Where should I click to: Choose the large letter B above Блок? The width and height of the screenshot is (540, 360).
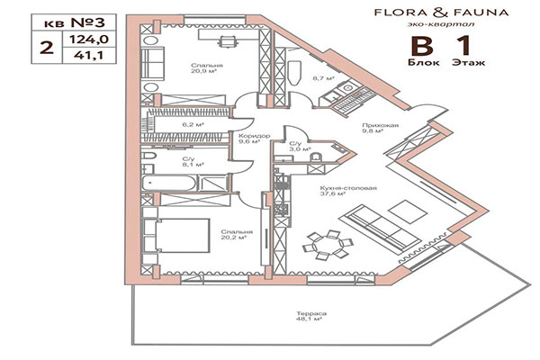pos(419,48)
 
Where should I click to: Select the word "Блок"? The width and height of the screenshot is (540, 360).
pos(419,65)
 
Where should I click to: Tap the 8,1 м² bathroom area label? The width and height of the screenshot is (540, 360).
pos(193,165)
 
